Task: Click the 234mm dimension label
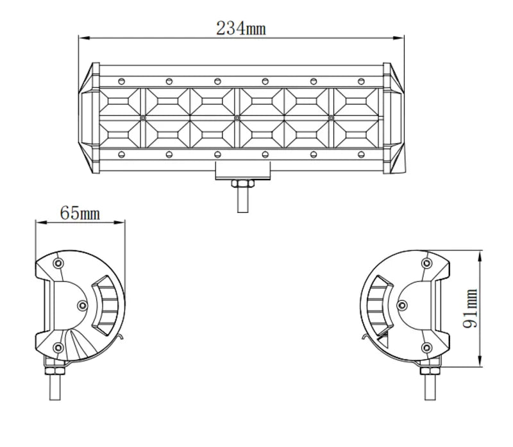pos(240,28)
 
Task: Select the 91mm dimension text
pos(472,308)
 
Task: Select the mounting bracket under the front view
pos(242,171)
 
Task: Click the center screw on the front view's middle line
pos(237,118)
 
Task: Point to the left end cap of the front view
pos(88,118)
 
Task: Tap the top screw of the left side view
pos(60,264)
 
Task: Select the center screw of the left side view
pos(81,305)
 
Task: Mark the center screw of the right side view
pos(403,305)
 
